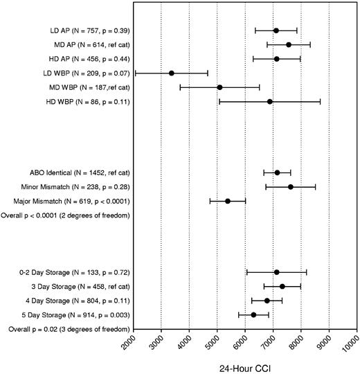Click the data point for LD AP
pyautogui.click(x=276, y=30)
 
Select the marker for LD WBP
pyautogui.click(x=171, y=73)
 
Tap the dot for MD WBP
pyautogui.click(x=219, y=87)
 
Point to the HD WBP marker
pyautogui.click(x=270, y=102)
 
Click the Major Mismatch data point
pyautogui.click(x=227, y=201)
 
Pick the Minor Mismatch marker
pyautogui.click(x=291, y=186)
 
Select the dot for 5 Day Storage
pyautogui.click(x=253, y=315)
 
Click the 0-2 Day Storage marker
pyautogui.click(x=276, y=272)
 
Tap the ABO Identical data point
pyautogui.click(x=277, y=172)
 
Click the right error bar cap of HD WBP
pyautogui.click(x=321, y=102)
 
